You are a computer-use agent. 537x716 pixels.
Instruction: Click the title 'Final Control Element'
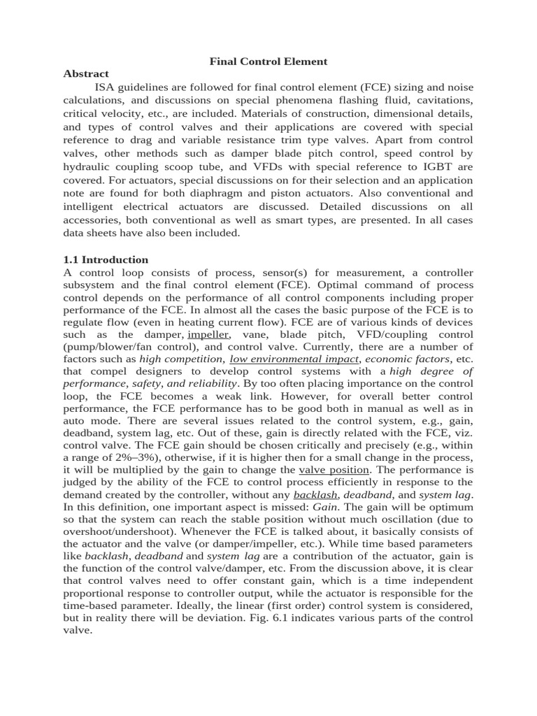(268, 62)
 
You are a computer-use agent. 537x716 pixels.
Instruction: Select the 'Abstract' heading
(86, 74)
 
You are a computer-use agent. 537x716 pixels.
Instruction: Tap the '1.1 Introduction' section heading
(106, 259)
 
